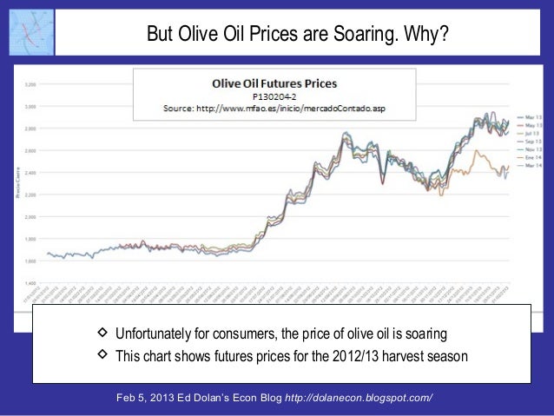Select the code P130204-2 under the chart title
point(275,96)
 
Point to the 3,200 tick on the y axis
point(30,84)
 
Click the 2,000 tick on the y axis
point(30,216)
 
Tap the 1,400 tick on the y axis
point(30,282)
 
